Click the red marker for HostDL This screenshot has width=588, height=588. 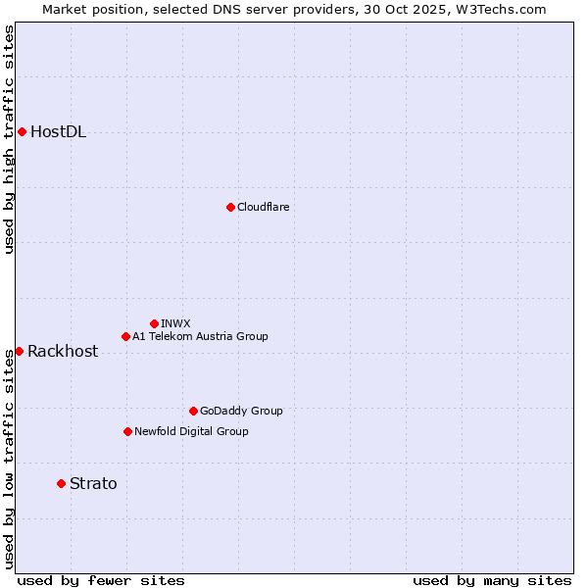(22, 131)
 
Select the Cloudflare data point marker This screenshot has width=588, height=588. (230, 207)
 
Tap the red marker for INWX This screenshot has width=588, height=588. (154, 323)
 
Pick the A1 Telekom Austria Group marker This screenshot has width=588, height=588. (125, 336)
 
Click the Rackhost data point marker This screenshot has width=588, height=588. (19, 351)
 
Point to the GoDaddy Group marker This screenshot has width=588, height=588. (193, 411)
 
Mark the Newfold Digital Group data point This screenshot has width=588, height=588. (127, 431)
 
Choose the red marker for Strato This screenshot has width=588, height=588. (61, 483)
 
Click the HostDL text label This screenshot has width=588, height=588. (58, 132)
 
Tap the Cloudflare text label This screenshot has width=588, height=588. (263, 207)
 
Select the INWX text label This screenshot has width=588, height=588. (175, 323)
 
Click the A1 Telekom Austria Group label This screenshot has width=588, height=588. (200, 336)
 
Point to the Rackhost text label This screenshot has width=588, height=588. (63, 352)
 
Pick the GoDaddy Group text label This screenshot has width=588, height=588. (241, 411)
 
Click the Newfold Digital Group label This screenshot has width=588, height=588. (191, 431)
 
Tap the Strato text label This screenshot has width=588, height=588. (93, 483)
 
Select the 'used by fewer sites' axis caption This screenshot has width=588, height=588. (101, 580)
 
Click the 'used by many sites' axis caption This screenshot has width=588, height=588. (492, 580)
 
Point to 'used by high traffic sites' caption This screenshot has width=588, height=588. (9, 139)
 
